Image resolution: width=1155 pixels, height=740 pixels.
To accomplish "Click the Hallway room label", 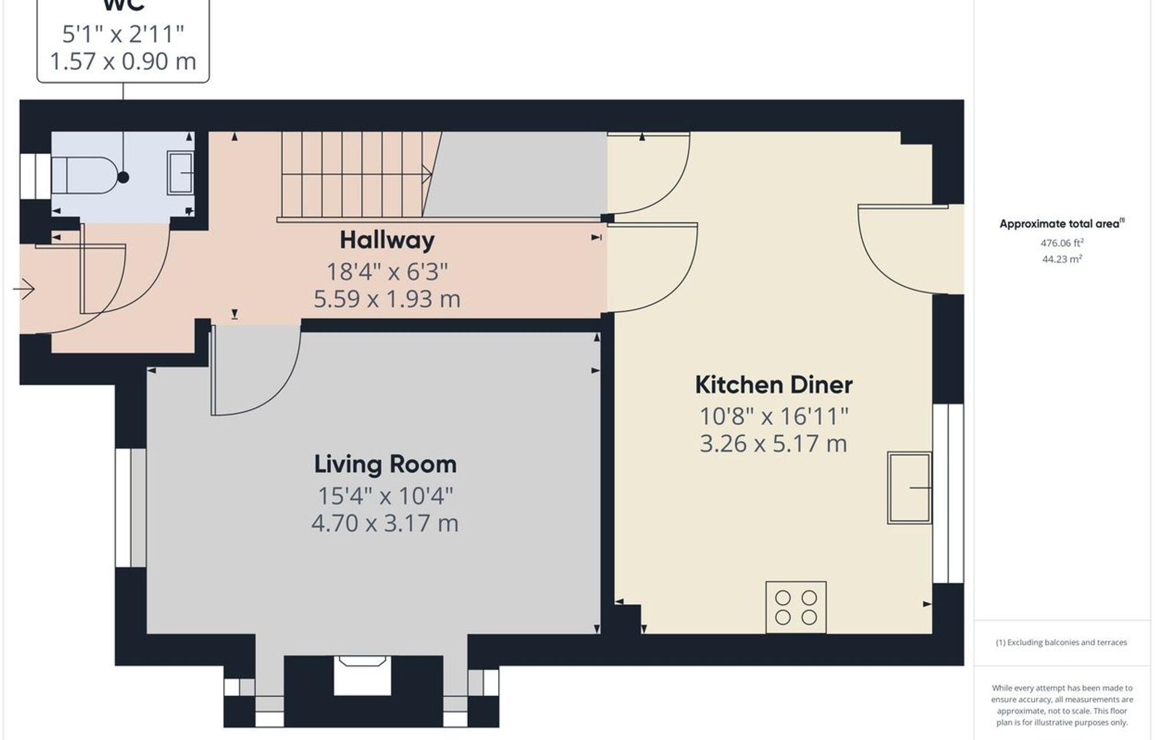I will [x=387, y=240].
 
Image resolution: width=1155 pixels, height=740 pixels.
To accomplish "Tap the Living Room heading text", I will [x=385, y=464].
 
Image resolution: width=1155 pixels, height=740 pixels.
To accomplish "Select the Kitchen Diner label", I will [x=773, y=385].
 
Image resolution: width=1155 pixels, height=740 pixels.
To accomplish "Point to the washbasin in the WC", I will [x=180, y=172].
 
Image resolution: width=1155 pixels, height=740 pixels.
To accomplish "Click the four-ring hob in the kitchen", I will [x=796, y=607].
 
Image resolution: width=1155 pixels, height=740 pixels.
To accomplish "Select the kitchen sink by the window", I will [x=909, y=488].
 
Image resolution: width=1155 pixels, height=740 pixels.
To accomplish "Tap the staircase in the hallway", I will [x=353, y=175].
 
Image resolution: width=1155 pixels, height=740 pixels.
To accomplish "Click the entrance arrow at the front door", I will [x=24, y=288].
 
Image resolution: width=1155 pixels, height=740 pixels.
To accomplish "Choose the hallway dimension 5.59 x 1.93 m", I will [x=387, y=299].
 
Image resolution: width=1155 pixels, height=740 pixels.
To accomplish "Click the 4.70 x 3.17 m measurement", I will [x=385, y=523].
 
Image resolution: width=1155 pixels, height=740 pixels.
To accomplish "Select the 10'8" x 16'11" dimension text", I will [x=773, y=416].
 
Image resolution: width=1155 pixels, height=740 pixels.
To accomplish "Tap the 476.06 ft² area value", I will [x=1062, y=243].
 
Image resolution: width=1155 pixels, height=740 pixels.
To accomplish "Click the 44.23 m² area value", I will [x=1062, y=260].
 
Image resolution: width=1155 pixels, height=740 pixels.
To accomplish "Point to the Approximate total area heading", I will [x=1061, y=224].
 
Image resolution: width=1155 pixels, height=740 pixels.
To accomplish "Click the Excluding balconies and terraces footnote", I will [x=1061, y=642].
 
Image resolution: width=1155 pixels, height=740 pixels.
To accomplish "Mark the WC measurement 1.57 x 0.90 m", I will [x=123, y=61].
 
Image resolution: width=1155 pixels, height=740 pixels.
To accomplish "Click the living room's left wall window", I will [x=131, y=508].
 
